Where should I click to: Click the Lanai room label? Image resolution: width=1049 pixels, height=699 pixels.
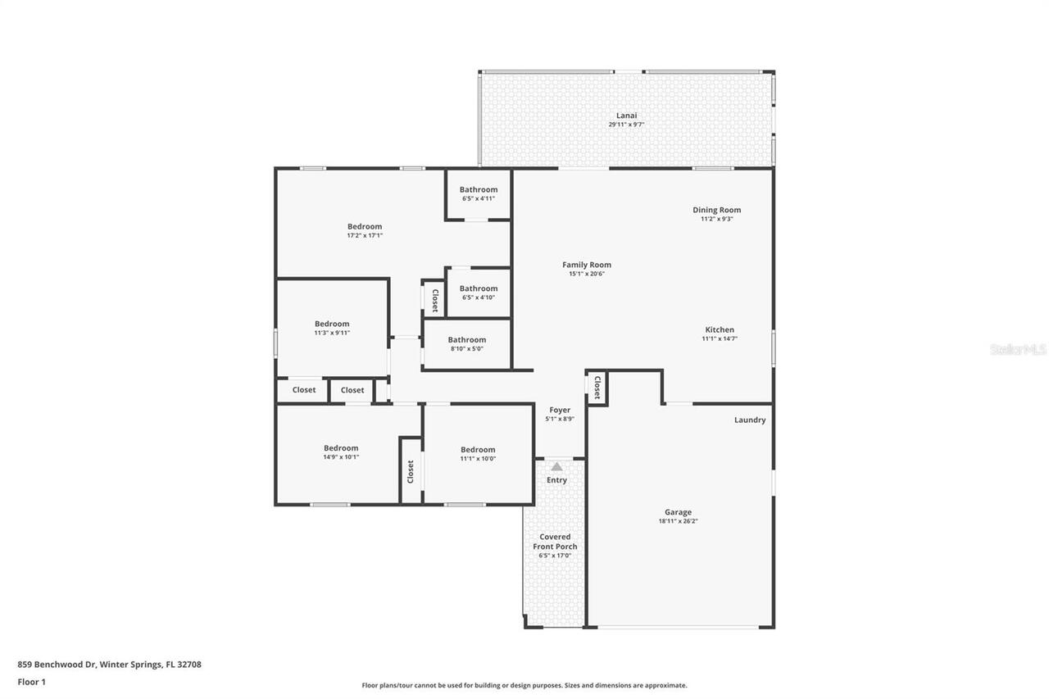coord(626,116)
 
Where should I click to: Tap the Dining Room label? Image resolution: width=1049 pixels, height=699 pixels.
coord(716,210)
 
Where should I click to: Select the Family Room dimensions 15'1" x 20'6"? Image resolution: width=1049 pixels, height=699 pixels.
coord(586,274)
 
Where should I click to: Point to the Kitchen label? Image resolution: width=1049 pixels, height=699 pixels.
coord(720,329)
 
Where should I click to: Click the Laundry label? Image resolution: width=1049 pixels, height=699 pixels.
coord(749,420)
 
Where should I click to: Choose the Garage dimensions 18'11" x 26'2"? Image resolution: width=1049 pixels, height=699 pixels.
coord(678,521)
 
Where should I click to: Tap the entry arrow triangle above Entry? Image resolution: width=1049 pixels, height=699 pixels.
coord(556,466)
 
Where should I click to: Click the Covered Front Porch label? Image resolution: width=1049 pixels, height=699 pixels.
coord(555,542)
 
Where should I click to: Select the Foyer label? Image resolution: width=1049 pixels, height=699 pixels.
coord(560,410)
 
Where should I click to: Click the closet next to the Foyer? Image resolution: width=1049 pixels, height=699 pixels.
coord(597,387)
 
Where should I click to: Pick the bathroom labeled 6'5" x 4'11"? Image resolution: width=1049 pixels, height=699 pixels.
coord(478,193)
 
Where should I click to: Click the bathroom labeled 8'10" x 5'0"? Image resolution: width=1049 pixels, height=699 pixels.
coord(466,344)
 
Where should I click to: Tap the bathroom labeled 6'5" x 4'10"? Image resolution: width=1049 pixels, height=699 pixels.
coord(478,293)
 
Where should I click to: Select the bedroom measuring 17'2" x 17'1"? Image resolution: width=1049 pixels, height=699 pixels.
coord(365,230)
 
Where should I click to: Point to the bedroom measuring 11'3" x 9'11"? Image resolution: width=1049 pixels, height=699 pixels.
coord(332,328)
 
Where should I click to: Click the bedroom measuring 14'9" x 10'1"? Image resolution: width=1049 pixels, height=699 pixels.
coord(341,452)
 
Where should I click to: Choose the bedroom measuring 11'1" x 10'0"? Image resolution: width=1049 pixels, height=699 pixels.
coord(478,453)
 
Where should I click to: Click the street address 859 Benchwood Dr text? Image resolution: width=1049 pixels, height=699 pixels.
coord(109,665)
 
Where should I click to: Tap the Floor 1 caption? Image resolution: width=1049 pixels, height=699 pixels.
coord(31,681)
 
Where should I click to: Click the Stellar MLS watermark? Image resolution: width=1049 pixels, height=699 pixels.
coord(1018,349)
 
